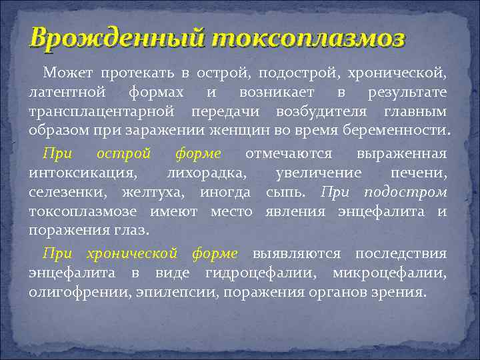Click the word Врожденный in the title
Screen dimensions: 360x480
(117, 39)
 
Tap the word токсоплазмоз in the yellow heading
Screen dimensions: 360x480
(307, 39)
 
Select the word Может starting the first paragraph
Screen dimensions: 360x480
(65, 71)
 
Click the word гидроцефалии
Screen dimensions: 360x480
(242, 273)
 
